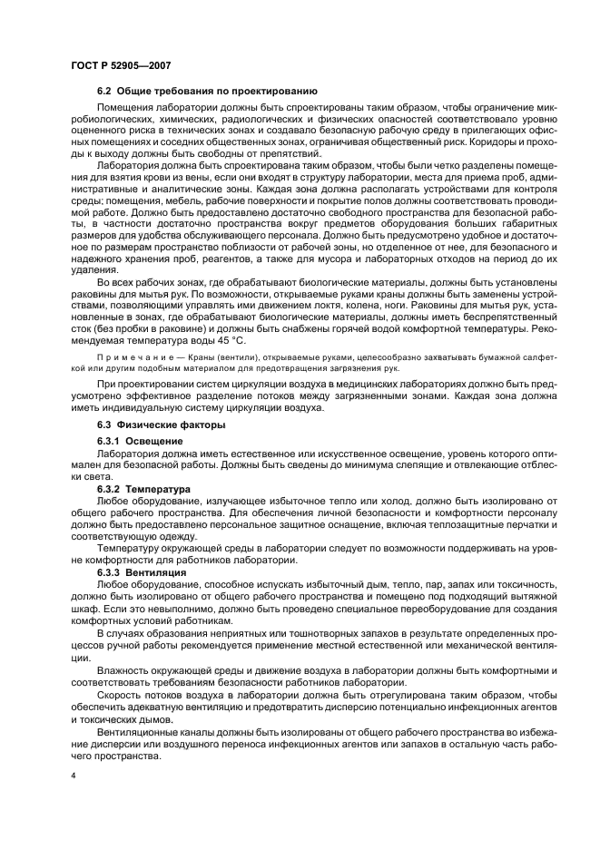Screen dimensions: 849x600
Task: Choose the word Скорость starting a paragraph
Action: [121, 694]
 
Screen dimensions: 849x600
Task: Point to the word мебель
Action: [192, 201]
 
